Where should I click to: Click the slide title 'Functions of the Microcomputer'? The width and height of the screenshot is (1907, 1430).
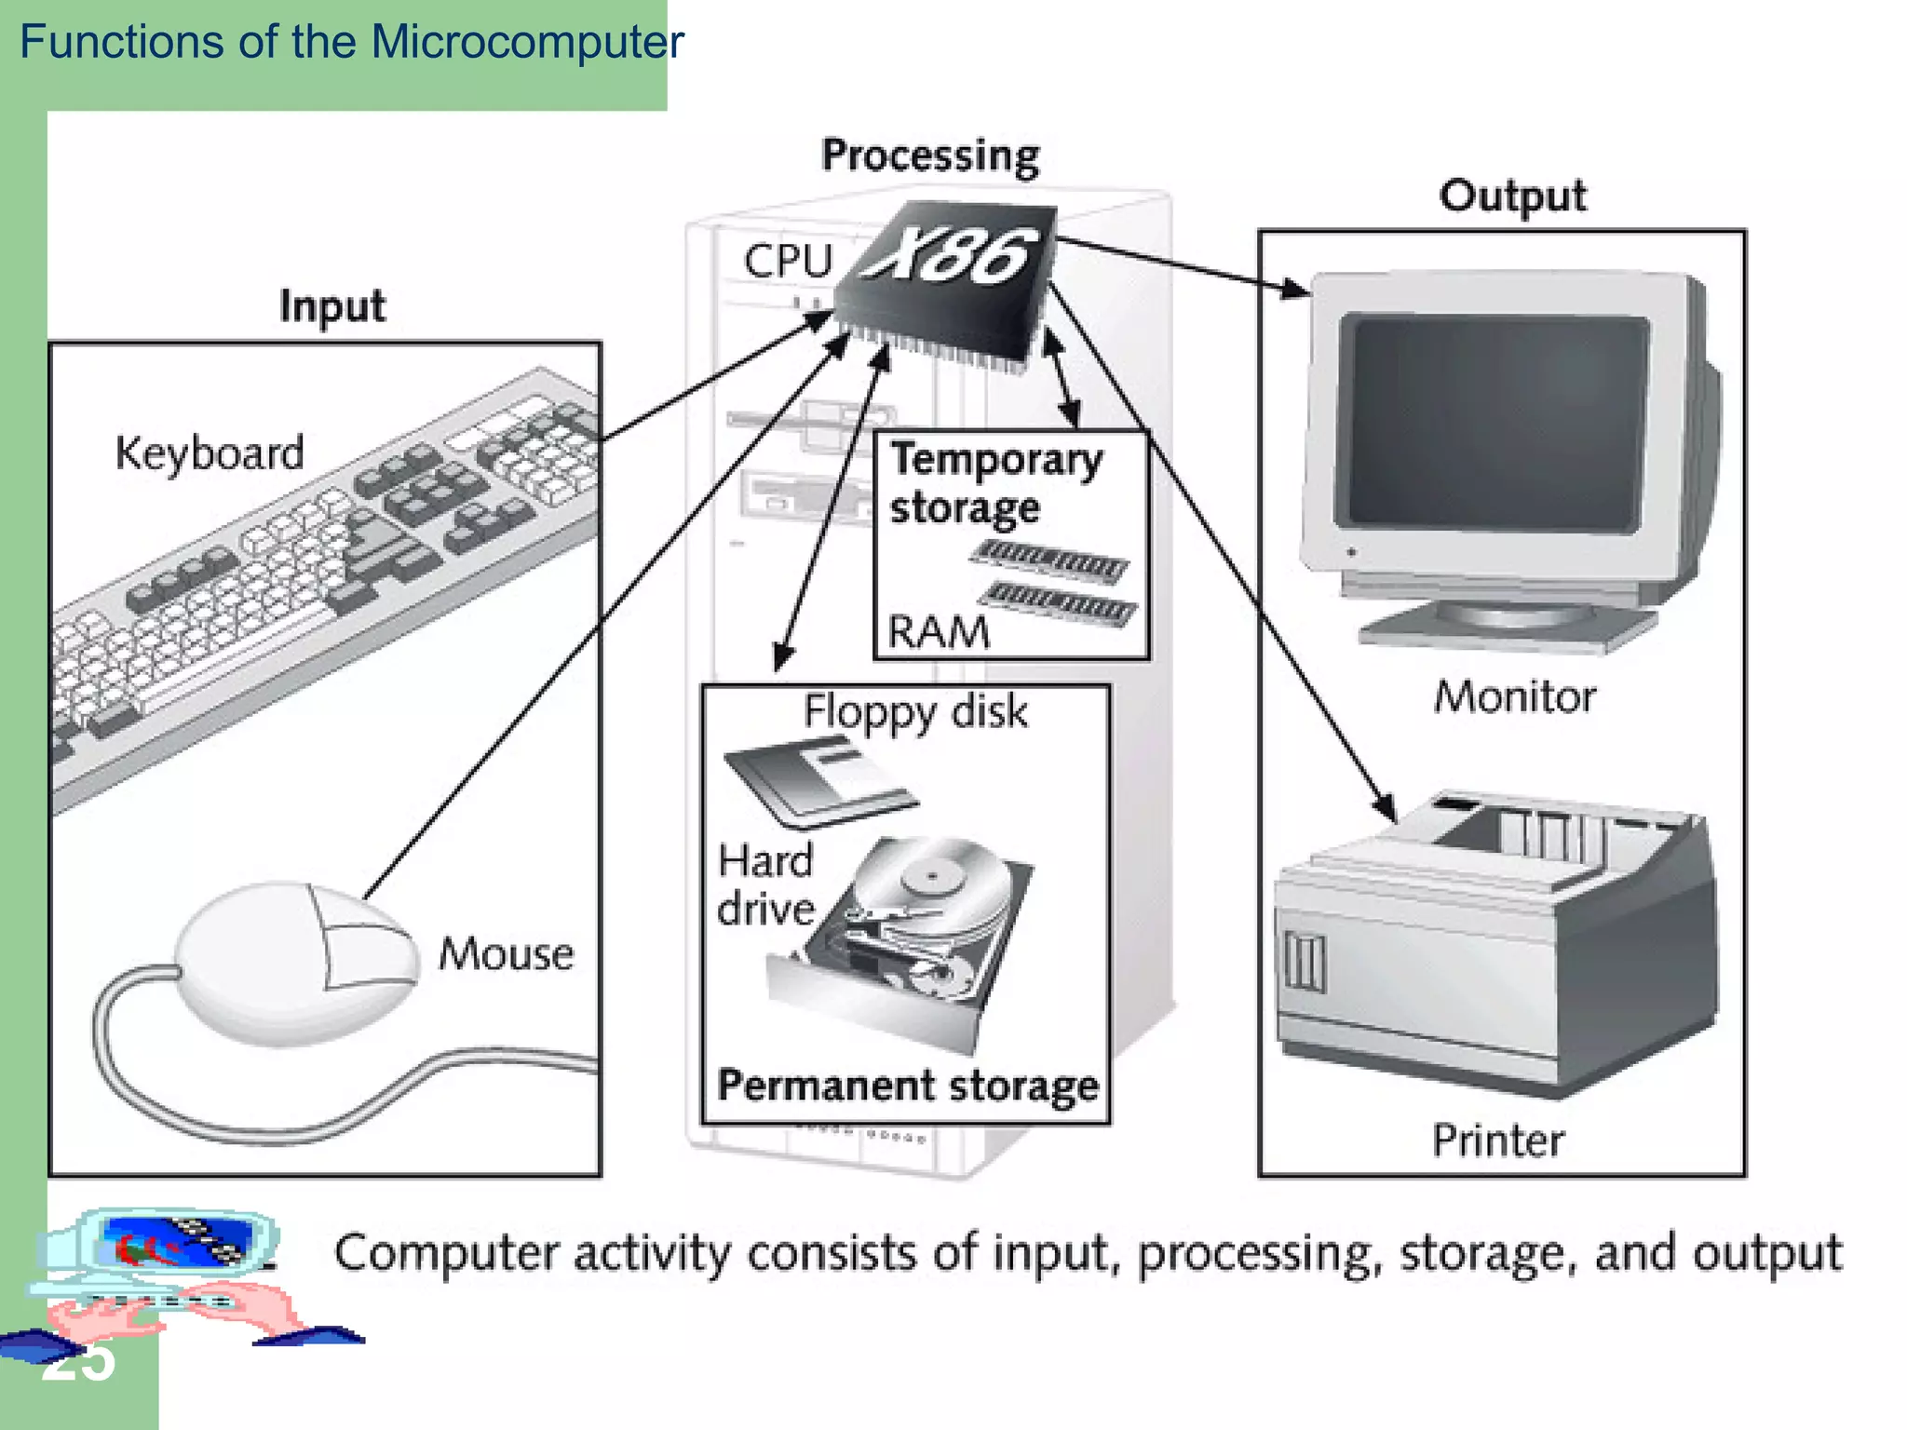click(x=351, y=42)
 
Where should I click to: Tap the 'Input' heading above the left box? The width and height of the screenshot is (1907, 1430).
click(x=331, y=306)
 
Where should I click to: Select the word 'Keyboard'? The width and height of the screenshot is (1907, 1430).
click(x=210, y=453)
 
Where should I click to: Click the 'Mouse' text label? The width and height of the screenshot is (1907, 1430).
click(x=506, y=953)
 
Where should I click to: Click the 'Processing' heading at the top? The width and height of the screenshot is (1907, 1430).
click(x=930, y=155)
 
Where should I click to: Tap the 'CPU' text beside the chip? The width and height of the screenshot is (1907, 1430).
click(x=787, y=261)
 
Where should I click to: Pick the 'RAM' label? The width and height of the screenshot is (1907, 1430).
click(x=938, y=633)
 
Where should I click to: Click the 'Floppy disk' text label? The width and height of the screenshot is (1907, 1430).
click(x=915, y=712)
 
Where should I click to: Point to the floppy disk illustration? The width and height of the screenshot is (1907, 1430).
click(x=819, y=780)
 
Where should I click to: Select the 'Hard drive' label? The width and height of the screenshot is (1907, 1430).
click(x=765, y=884)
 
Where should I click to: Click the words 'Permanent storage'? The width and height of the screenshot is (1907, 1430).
click(x=907, y=1086)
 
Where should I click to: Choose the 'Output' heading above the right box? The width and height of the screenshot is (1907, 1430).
click(x=1512, y=196)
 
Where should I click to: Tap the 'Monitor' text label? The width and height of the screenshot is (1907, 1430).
click(x=1514, y=697)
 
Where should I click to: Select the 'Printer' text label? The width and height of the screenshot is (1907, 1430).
click(x=1497, y=1140)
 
